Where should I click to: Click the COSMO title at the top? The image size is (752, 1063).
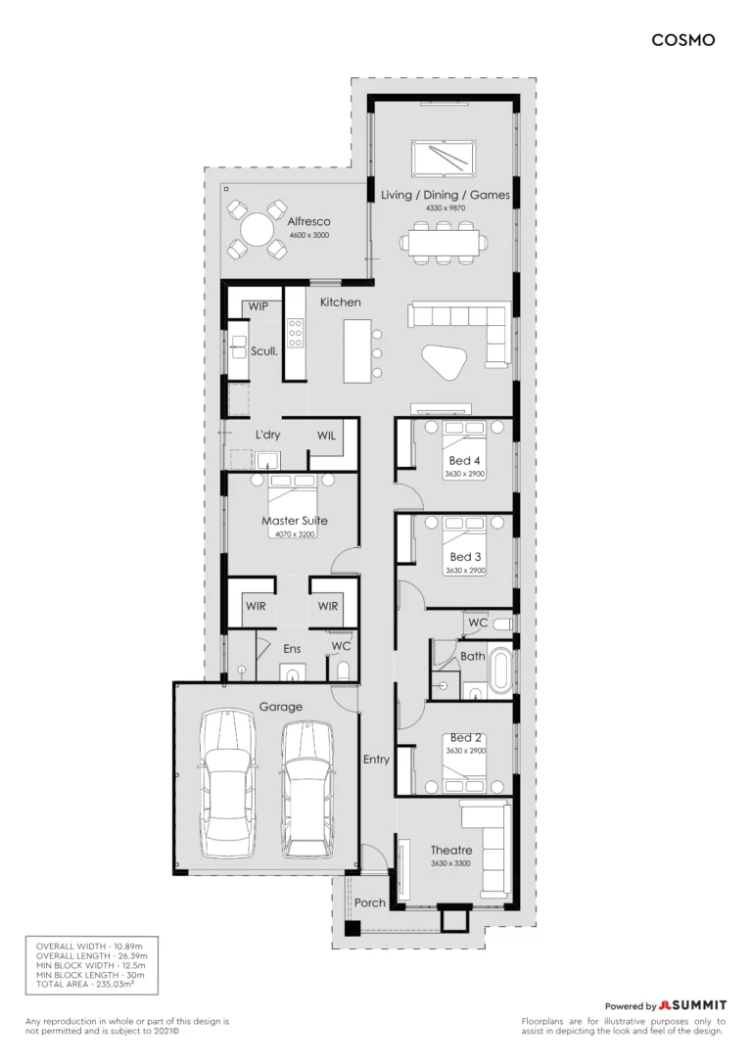pyautogui.click(x=682, y=41)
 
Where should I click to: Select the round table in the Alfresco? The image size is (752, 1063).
pyautogui.click(x=257, y=230)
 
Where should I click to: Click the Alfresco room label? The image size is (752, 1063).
pyautogui.click(x=308, y=221)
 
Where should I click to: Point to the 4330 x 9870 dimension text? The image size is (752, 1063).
pyautogui.click(x=446, y=208)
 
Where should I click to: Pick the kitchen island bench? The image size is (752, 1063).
pyautogui.click(x=357, y=350)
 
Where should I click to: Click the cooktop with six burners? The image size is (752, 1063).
pyautogui.click(x=295, y=334)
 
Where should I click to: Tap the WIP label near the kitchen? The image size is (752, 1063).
pyautogui.click(x=258, y=306)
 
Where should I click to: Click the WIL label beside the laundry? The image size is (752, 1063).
pyautogui.click(x=326, y=436)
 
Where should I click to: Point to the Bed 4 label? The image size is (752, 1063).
pyautogui.click(x=464, y=461)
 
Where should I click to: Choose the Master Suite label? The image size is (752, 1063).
pyautogui.click(x=295, y=521)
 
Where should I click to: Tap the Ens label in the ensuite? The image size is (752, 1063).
pyautogui.click(x=292, y=649)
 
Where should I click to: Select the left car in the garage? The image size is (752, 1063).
pyautogui.click(x=227, y=783)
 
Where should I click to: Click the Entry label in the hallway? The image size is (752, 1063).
pyautogui.click(x=376, y=760)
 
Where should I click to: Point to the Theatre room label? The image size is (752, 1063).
pyautogui.click(x=451, y=851)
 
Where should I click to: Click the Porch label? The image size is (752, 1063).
pyautogui.click(x=369, y=903)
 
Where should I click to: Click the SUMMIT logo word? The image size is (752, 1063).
pyautogui.click(x=698, y=1005)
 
